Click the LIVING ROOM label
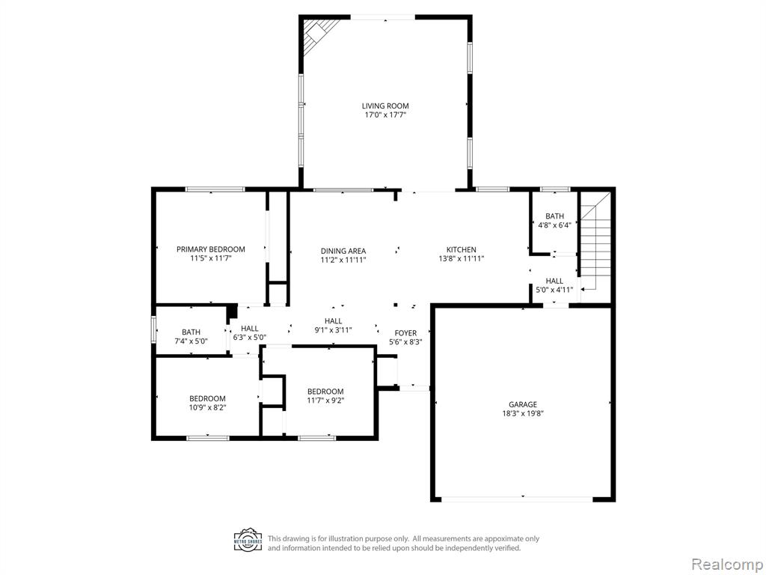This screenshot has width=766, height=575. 385,106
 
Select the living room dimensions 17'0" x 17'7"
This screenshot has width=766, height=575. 385,115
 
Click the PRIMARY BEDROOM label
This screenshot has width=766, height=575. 210,249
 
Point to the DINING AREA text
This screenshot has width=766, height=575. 343,251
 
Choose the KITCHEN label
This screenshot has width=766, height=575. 461,249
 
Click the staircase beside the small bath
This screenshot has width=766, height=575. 595,241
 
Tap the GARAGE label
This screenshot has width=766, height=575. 523,404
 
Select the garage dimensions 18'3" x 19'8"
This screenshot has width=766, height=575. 523,413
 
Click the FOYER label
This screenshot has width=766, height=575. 405,333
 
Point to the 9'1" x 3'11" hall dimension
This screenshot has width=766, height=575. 333,330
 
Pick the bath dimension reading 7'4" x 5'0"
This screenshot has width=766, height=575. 191,341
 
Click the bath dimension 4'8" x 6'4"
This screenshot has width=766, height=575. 554,225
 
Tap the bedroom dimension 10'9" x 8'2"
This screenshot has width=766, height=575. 208,407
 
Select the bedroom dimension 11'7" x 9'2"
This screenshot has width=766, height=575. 325,401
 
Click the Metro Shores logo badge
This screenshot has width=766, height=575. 248,541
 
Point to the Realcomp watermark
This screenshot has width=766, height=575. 726,564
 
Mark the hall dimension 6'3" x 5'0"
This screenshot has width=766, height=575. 250,338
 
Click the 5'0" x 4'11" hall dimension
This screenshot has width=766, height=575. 554,290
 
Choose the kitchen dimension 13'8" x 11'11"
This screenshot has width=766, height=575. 461,258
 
